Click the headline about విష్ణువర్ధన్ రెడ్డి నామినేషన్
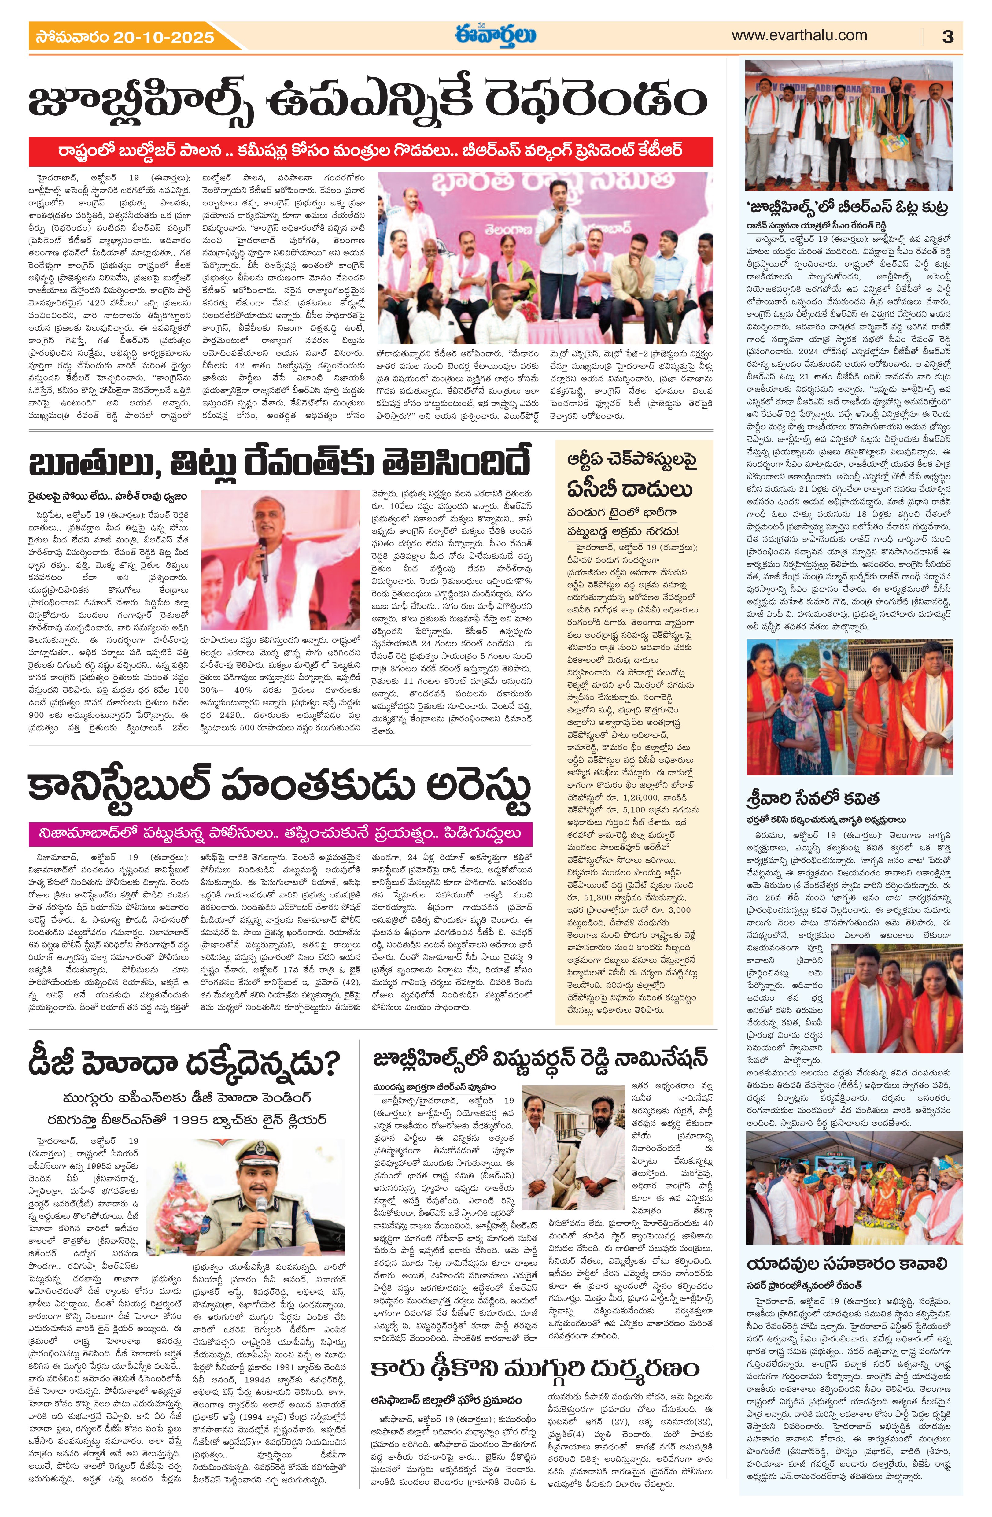click(x=540, y=1056)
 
